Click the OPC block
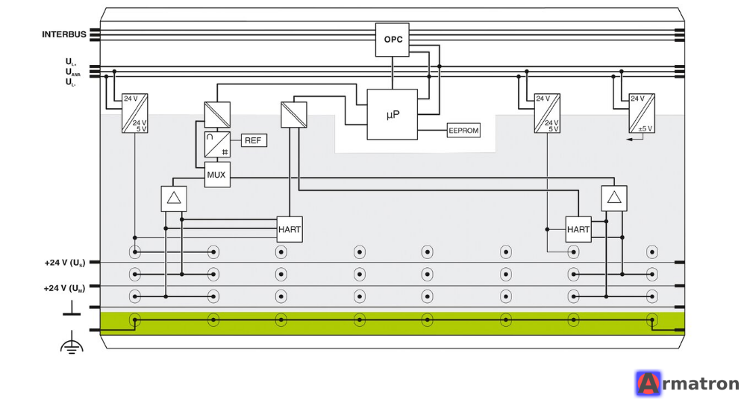[x=392, y=40]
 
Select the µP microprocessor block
[x=392, y=114]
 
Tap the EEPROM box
[x=463, y=130]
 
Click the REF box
[x=254, y=140]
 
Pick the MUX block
[x=217, y=175]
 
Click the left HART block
[x=290, y=229]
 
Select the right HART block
[x=578, y=229]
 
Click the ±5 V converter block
[x=642, y=113]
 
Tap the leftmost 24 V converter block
[x=135, y=113]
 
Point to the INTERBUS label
[x=64, y=34]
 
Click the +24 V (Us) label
[x=65, y=263]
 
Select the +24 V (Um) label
[x=64, y=288]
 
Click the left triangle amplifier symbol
[x=174, y=199]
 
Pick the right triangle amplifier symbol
[x=614, y=199]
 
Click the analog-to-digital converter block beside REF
[x=217, y=144]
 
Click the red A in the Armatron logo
[x=648, y=384]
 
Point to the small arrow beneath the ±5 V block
[x=634, y=139]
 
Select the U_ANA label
[x=73, y=72]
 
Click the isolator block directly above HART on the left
[x=294, y=115]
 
